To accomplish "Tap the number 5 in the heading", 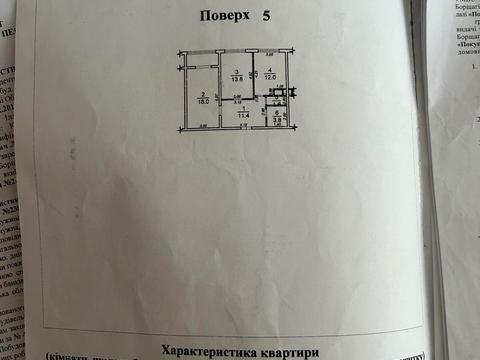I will (266, 16).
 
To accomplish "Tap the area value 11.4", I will (243, 115).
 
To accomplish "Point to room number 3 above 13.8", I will (236, 72).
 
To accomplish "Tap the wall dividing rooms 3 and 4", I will (254, 75).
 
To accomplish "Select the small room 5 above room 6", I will (279, 98).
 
